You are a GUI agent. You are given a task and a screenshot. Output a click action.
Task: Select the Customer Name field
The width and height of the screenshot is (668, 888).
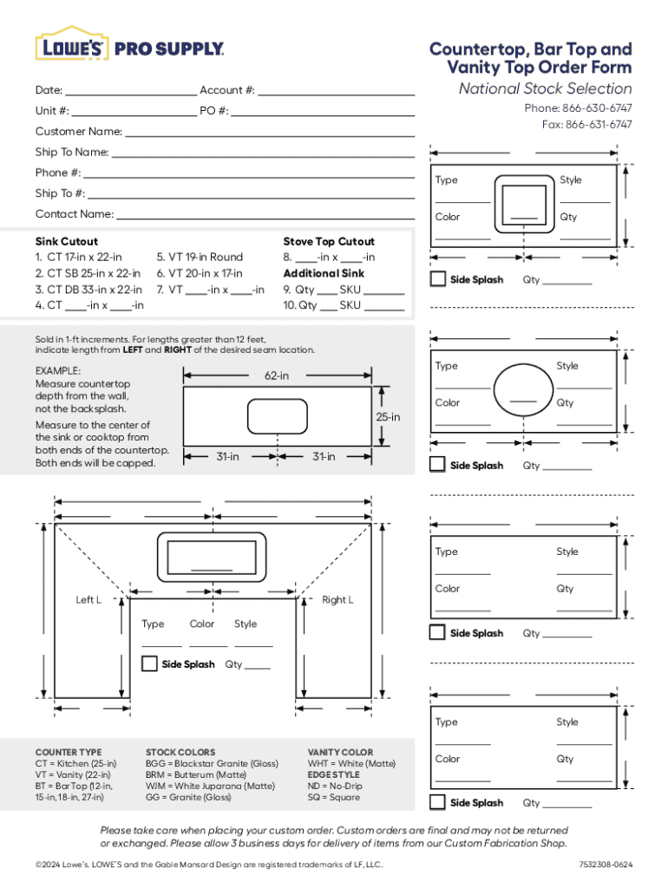(x=270, y=134)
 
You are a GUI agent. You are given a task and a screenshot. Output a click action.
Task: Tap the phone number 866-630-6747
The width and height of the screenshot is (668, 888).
(x=596, y=108)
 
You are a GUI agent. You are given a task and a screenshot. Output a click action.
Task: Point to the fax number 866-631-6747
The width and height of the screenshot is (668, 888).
(x=599, y=125)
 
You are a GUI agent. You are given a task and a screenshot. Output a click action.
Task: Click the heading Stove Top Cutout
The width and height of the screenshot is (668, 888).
(x=329, y=241)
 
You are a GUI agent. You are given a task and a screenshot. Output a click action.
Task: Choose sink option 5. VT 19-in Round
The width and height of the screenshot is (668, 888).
(x=200, y=258)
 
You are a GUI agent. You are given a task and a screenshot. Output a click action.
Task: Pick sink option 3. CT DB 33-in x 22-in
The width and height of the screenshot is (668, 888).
(x=88, y=290)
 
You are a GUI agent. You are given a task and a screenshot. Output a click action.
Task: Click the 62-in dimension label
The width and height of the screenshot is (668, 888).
(x=277, y=376)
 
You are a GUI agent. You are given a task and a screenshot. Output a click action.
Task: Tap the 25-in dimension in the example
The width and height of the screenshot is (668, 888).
(x=387, y=417)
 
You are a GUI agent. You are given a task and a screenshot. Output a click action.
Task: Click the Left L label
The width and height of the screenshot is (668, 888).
(x=88, y=600)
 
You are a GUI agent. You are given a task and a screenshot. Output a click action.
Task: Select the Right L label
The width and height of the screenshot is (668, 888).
(x=337, y=600)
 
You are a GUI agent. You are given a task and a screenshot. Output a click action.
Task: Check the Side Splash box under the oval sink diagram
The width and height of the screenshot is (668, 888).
(x=438, y=465)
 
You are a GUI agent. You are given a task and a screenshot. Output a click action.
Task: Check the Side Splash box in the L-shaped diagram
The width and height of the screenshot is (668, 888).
(x=149, y=664)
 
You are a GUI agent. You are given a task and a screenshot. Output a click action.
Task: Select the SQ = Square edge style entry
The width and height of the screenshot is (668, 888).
(x=333, y=797)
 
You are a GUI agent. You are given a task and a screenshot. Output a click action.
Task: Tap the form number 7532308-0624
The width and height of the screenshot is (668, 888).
(x=606, y=865)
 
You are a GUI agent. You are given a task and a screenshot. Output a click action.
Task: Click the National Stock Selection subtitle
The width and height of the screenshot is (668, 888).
(x=545, y=88)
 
